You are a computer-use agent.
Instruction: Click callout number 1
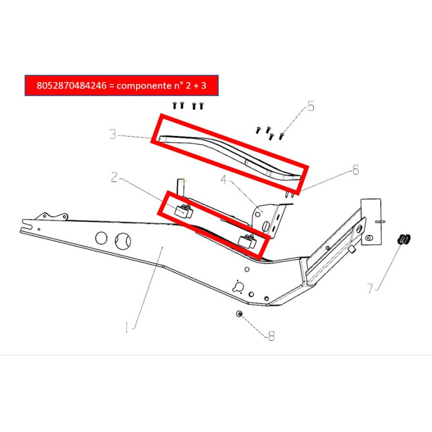pos(126,327)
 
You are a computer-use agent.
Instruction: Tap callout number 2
pos(114,177)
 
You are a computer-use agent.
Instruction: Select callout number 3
pos(113,134)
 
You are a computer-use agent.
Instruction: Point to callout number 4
pos(224,180)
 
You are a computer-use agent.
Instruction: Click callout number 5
pos(311,106)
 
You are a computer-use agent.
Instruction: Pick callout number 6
pos(356,170)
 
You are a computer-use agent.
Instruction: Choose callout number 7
pos(370,288)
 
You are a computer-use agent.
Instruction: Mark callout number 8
pos(272,335)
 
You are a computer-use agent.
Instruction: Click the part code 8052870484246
pos(71,85)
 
